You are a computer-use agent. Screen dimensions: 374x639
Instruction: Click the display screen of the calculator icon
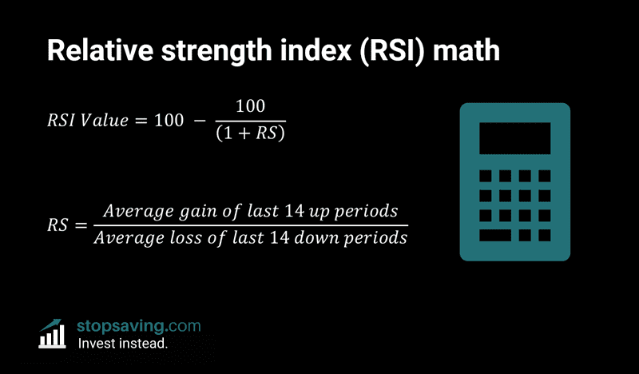click(514, 137)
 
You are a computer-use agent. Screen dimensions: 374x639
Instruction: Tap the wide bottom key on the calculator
click(496, 235)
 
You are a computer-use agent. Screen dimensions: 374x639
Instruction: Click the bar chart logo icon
click(54, 334)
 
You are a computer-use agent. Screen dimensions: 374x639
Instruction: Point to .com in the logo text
click(183, 326)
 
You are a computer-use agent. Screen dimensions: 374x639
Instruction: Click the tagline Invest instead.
click(121, 344)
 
